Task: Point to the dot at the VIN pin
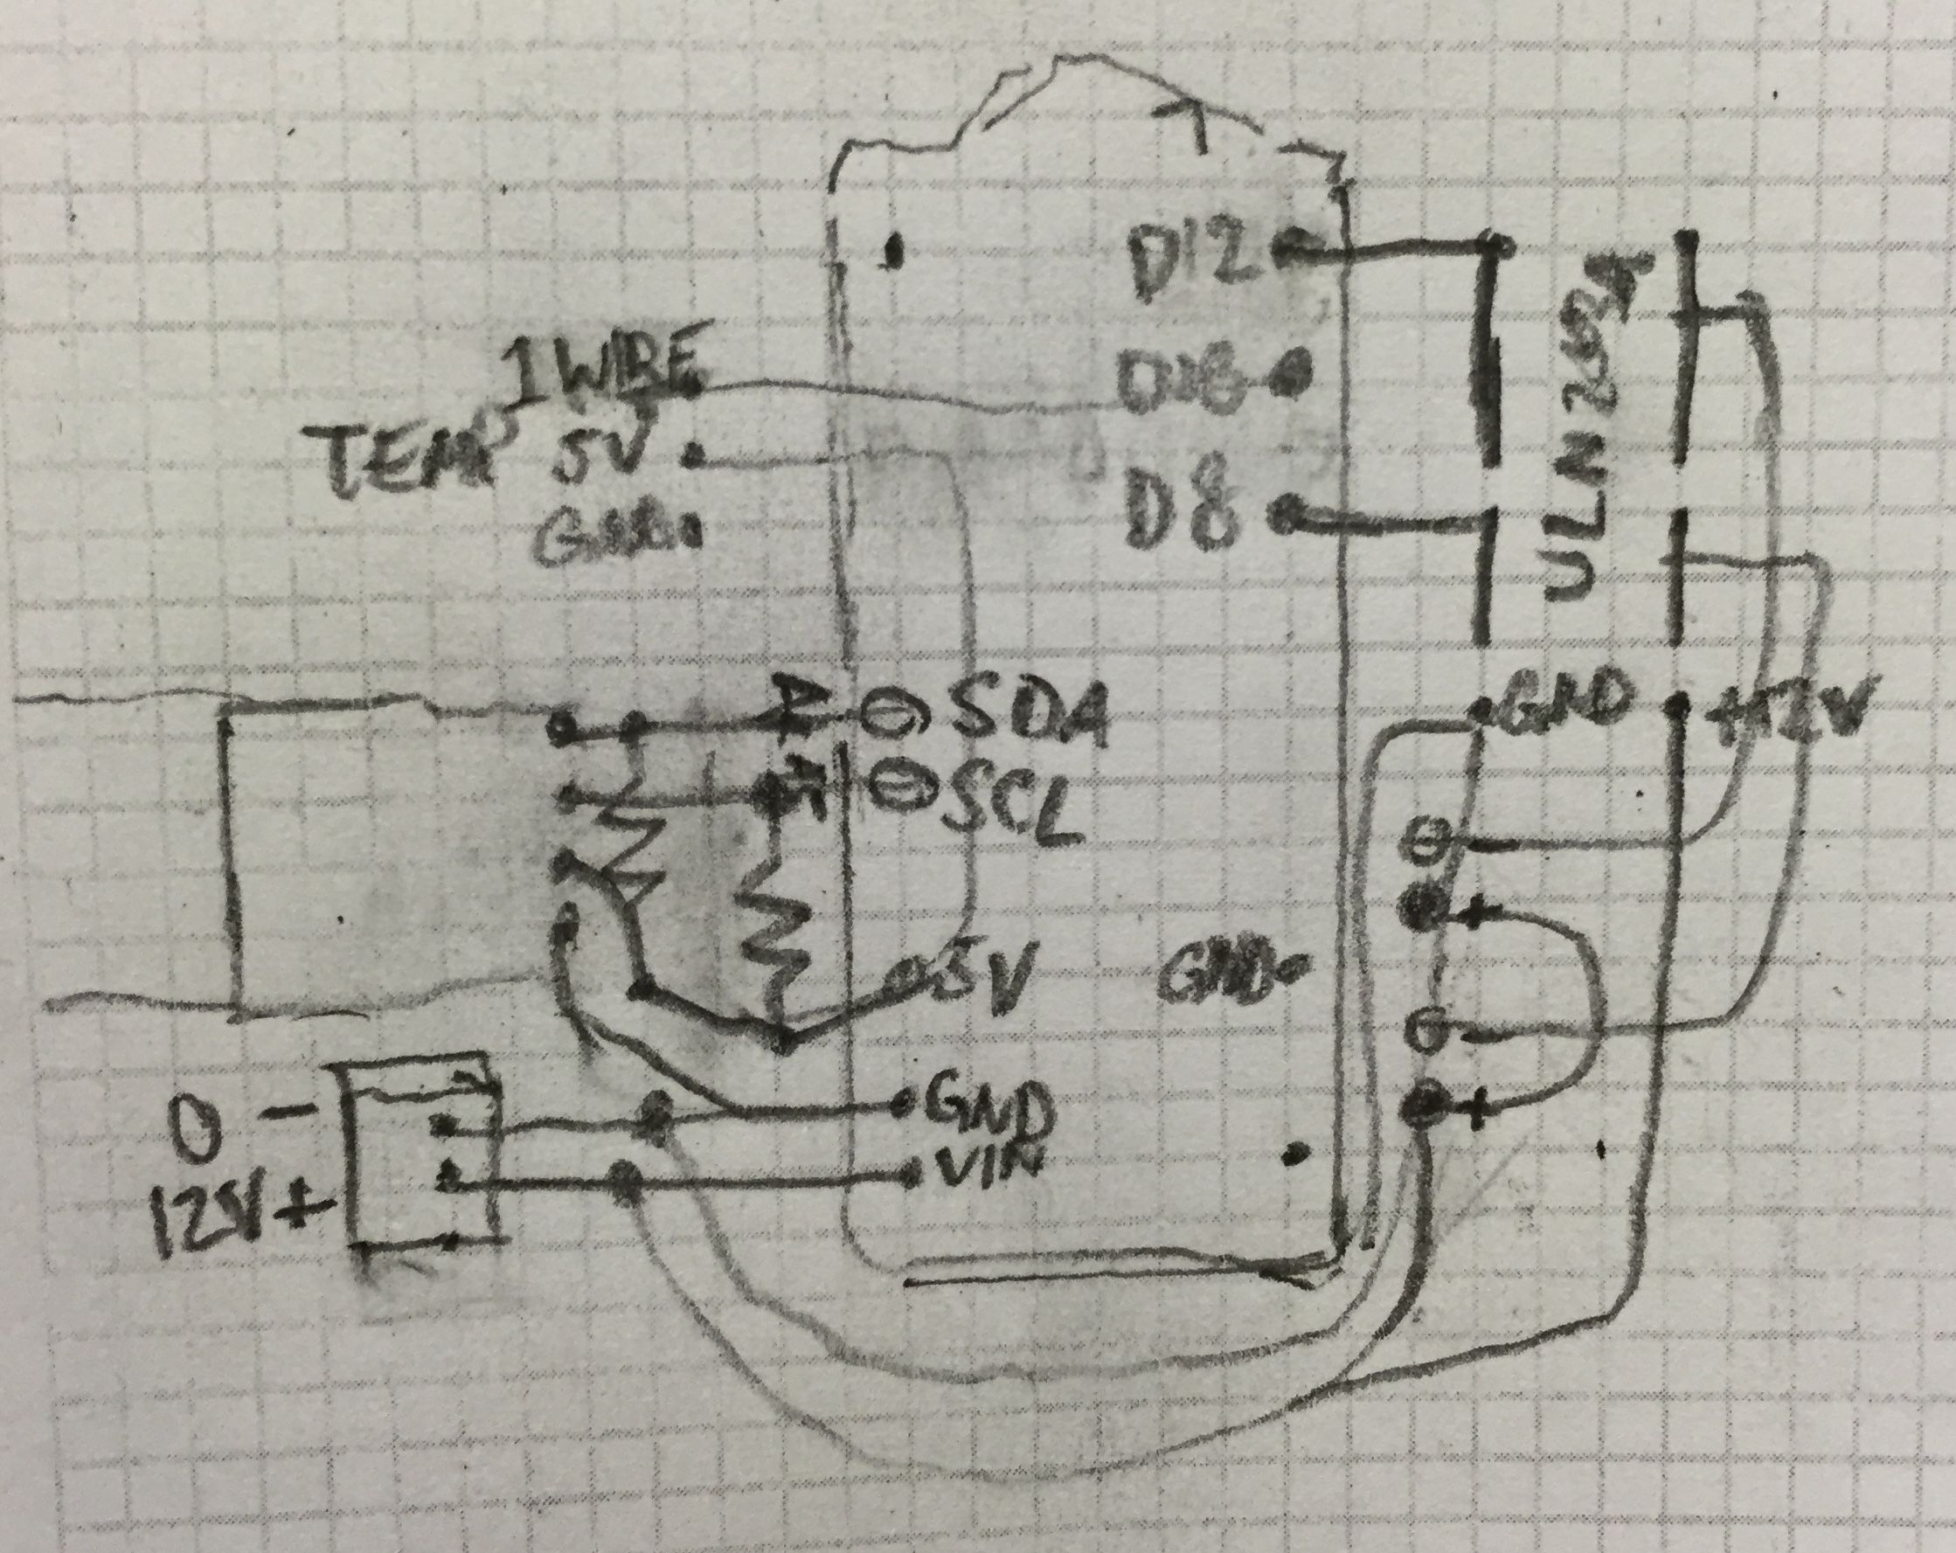point(912,1175)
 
